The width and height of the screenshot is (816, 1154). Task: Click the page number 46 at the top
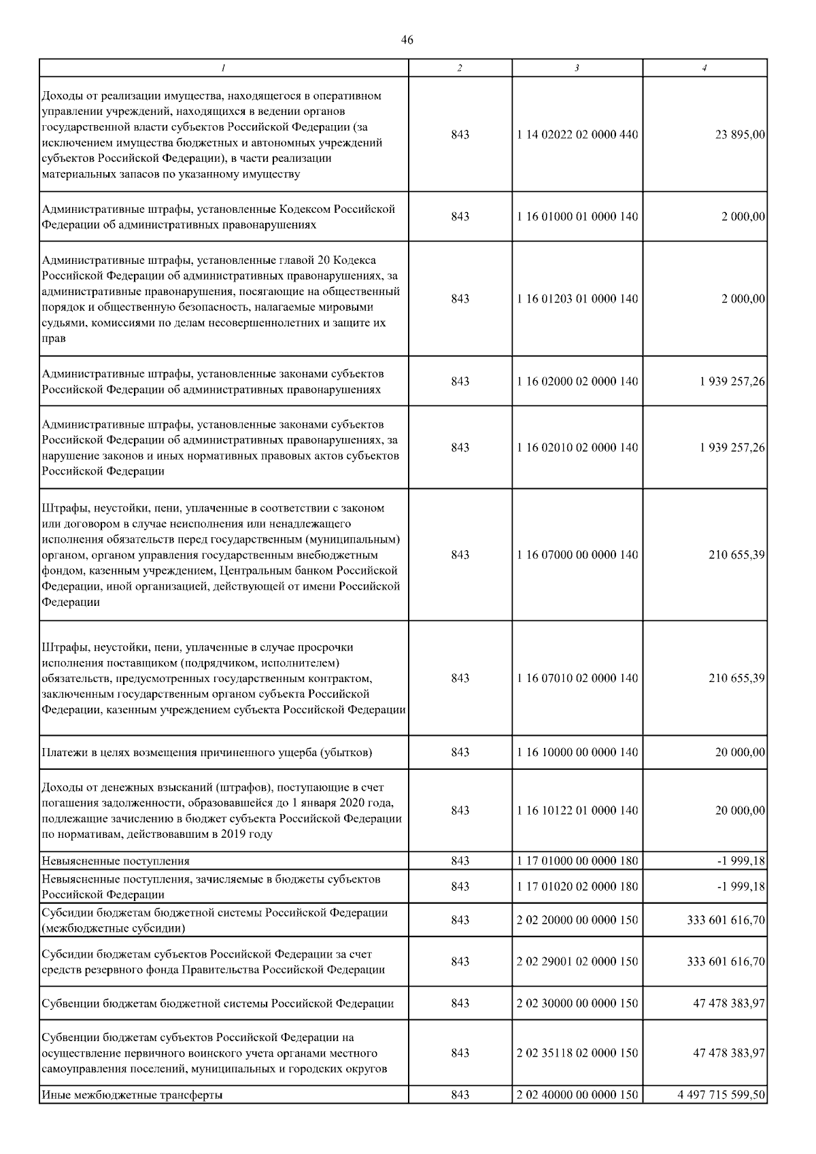(x=407, y=40)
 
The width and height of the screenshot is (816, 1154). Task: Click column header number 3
(x=577, y=68)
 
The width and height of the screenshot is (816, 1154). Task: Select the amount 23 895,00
(x=740, y=135)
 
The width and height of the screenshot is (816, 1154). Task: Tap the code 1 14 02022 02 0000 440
(x=577, y=135)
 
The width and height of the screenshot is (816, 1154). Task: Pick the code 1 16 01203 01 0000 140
(x=577, y=299)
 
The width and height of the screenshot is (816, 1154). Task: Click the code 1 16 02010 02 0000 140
(x=577, y=447)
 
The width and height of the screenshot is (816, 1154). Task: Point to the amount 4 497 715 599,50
(x=721, y=1095)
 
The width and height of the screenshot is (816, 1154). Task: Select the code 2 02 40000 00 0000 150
(x=577, y=1095)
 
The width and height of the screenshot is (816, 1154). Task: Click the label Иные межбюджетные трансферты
(x=132, y=1095)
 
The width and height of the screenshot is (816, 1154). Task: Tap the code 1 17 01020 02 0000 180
(x=577, y=887)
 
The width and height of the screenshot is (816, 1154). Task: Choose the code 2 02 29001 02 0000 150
(x=577, y=962)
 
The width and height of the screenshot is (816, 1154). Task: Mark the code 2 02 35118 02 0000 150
(x=577, y=1053)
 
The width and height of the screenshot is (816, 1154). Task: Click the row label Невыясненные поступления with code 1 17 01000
(x=116, y=861)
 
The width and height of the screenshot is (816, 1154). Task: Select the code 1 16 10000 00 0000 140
(x=577, y=752)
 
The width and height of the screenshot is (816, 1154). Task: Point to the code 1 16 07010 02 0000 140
(x=577, y=678)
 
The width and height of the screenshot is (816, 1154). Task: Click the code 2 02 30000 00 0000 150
(x=577, y=1003)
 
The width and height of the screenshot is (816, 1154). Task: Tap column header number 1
(x=224, y=68)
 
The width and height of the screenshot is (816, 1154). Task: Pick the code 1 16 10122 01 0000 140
(x=577, y=811)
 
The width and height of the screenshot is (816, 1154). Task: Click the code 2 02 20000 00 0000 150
(x=577, y=920)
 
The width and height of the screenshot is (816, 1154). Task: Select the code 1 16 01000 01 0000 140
(x=577, y=216)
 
